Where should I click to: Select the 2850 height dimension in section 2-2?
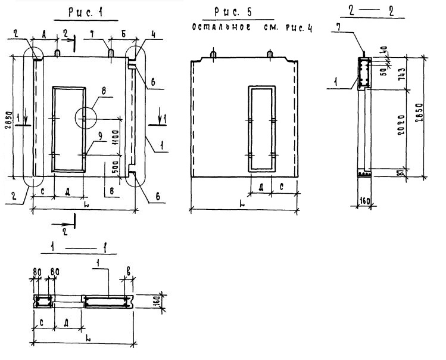pos(420,112)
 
